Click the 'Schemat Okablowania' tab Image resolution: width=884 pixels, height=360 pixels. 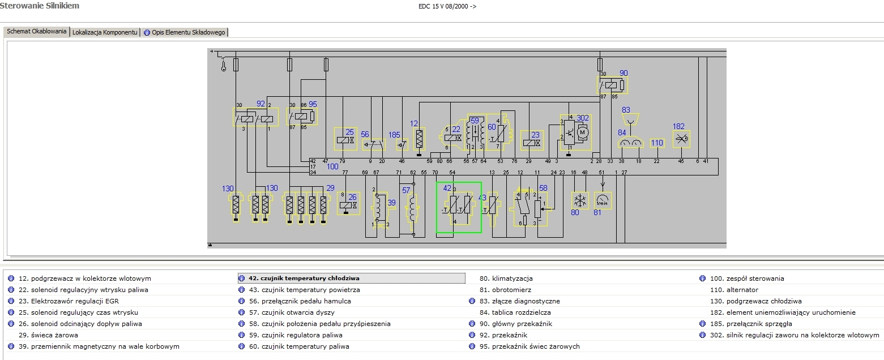[x=37, y=32]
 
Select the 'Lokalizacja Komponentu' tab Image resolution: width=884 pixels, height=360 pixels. [x=105, y=32]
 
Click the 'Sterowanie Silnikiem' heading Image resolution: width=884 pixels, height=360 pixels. [x=40, y=6]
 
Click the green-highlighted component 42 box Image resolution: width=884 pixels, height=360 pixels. [x=458, y=207]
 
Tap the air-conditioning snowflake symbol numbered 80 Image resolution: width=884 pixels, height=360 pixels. [x=579, y=200]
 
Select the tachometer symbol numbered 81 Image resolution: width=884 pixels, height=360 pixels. [x=603, y=200]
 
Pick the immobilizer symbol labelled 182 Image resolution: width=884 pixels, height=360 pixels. [x=681, y=139]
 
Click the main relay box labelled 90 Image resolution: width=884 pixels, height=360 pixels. [x=613, y=85]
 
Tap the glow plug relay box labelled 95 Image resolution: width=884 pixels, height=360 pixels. [x=302, y=117]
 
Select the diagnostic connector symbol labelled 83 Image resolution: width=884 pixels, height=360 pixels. [x=627, y=119]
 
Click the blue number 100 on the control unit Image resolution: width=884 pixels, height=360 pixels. [x=332, y=166]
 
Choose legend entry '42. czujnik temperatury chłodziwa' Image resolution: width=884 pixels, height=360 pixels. [x=304, y=278]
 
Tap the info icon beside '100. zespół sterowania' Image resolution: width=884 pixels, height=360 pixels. [x=702, y=278]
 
